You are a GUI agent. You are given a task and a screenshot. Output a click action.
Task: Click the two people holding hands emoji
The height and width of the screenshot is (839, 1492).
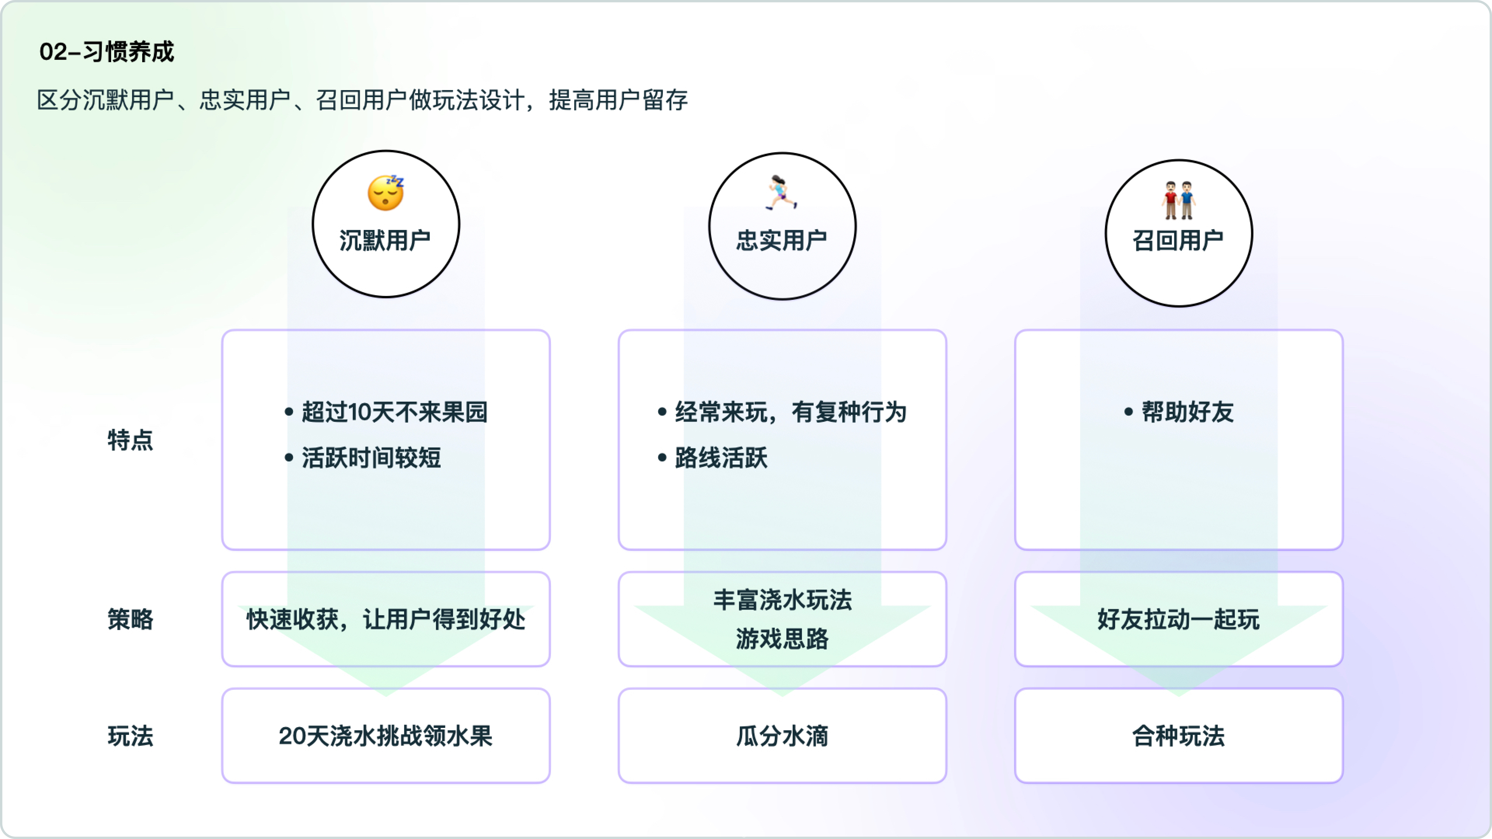coord(1178,200)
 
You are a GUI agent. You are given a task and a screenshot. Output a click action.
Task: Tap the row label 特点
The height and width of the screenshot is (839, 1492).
coord(130,440)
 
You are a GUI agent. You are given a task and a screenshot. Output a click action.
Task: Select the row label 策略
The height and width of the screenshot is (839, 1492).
coord(130,619)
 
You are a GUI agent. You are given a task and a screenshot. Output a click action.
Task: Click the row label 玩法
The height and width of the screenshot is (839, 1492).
coord(130,736)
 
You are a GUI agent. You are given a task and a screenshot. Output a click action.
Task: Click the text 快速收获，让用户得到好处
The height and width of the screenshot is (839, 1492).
coord(386,619)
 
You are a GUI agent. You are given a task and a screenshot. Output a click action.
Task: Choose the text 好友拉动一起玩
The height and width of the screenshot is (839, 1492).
coord(1178,619)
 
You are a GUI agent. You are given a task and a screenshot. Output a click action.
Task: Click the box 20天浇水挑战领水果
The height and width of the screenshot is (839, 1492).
coord(386,736)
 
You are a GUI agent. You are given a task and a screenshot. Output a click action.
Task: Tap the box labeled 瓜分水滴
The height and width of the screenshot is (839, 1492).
coord(782,736)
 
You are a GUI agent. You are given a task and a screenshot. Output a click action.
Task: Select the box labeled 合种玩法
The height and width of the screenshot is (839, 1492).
coord(1178,736)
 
